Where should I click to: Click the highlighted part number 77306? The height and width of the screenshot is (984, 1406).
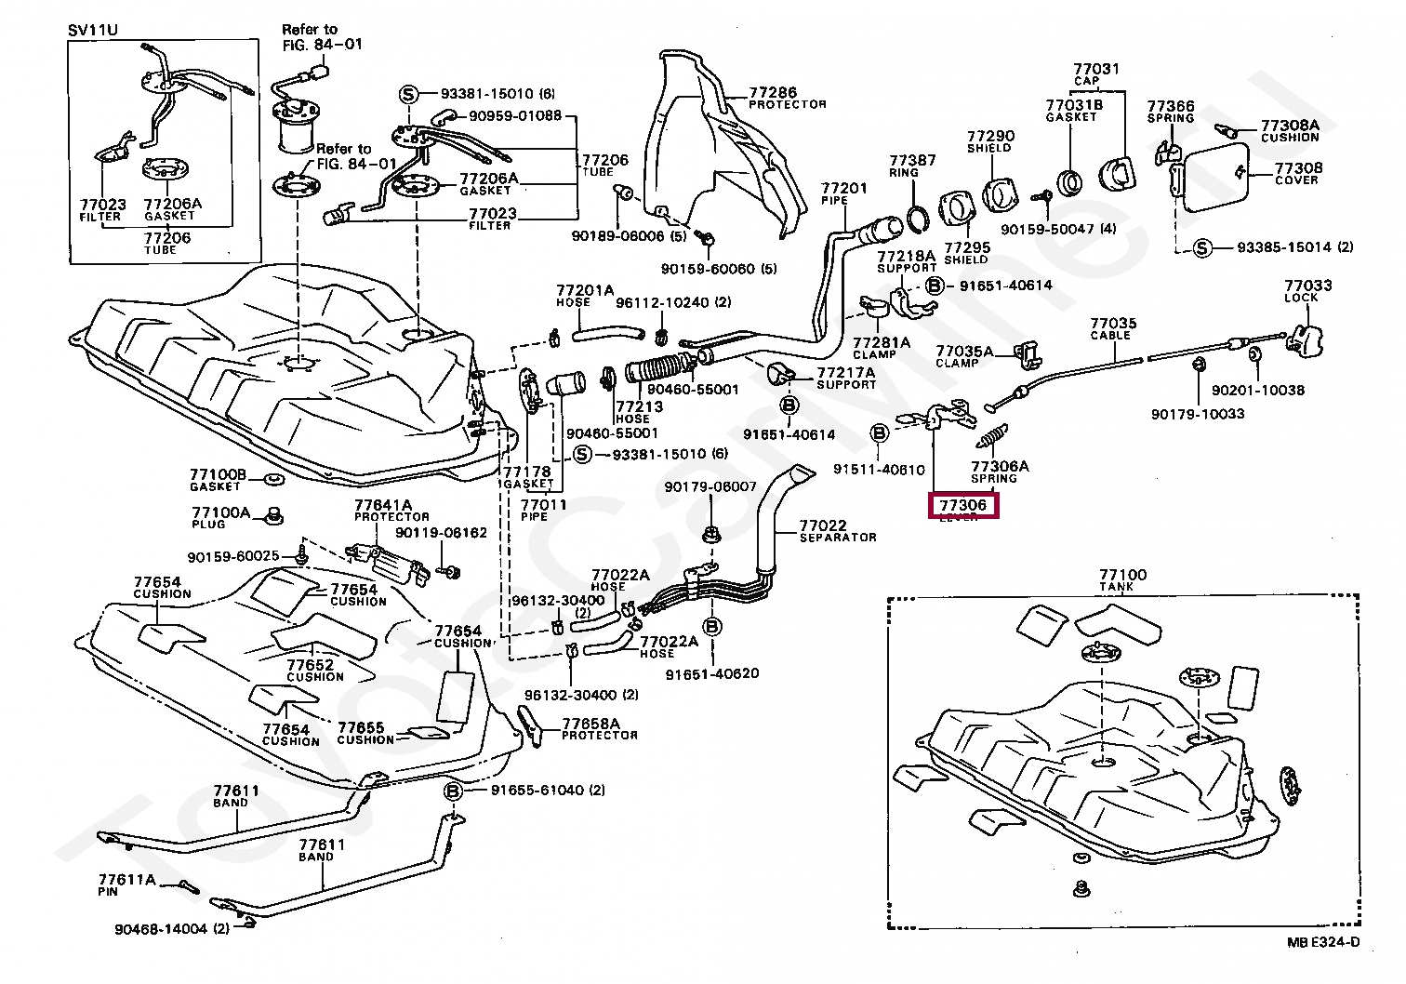click(962, 505)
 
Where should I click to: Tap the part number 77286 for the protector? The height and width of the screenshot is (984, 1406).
click(773, 92)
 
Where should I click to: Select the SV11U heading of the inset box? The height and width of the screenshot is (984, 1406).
click(91, 30)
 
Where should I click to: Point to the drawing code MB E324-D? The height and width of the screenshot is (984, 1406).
click(1323, 942)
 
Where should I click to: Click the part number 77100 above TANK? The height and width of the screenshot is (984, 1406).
click(1122, 576)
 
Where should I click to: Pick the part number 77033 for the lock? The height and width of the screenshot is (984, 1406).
click(1307, 286)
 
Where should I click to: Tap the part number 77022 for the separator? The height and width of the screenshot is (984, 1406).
click(823, 525)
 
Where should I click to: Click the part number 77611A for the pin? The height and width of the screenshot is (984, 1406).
click(126, 879)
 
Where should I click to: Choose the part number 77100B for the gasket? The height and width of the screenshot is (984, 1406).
click(218, 474)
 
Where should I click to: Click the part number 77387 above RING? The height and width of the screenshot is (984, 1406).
click(912, 160)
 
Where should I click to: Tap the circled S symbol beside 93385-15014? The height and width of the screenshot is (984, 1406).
click(1201, 247)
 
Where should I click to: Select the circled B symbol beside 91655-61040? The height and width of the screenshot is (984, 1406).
click(453, 791)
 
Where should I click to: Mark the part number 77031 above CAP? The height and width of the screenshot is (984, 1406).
click(1095, 69)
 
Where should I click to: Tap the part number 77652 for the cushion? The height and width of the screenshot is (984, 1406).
click(310, 665)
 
